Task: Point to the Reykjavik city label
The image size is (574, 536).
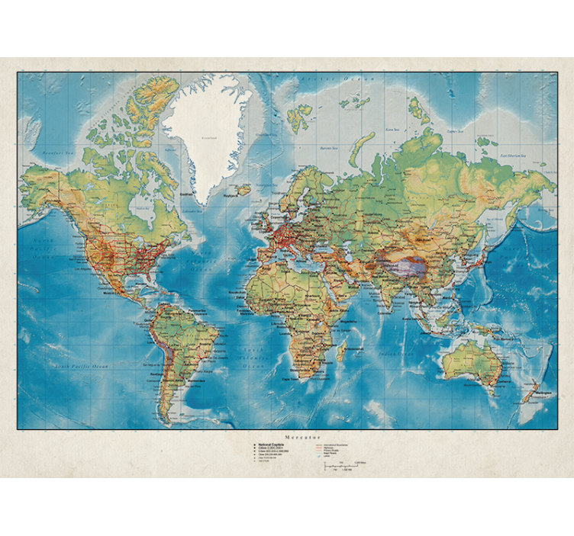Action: [x=231, y=195]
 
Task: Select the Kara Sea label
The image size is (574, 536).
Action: [x=392, y=130]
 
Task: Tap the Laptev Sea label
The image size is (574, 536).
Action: [x=456, y=131]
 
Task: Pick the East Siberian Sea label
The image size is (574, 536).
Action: [x=515, y=156]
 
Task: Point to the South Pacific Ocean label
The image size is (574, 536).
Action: [x=81, y=366]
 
